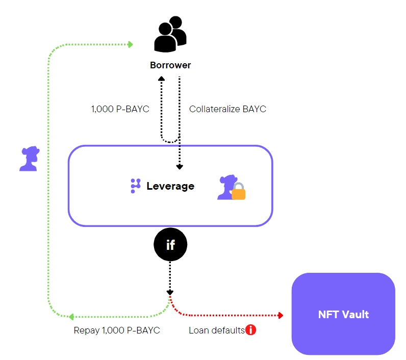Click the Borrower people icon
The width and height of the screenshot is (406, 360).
[x=170, y=35]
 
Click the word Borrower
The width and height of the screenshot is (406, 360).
[x=170, y=65]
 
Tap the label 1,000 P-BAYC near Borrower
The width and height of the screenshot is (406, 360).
[x=120, y=109]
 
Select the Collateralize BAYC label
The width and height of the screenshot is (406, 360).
[x=227, y=109]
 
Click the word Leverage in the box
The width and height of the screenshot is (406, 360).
[x=170, y=186]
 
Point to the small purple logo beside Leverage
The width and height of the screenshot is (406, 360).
[x=135, y=186]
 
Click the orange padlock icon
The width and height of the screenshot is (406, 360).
[x=238, y=193]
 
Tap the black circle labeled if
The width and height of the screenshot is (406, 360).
[x=170, y=245]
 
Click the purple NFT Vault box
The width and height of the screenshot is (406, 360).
[x=343, y=314]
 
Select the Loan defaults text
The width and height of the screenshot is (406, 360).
[x=216, y=330]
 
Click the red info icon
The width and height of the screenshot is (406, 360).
[x=250, y=330]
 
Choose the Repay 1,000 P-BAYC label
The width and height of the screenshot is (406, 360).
[x=117, y=330]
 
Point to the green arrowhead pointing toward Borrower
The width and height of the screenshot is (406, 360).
[x=130, y=44]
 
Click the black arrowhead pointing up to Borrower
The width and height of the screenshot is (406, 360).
[x=161, y=79]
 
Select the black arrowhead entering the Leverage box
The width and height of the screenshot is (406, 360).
[x=179, y=166]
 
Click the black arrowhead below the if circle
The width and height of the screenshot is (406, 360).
[x=170, y=292]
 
